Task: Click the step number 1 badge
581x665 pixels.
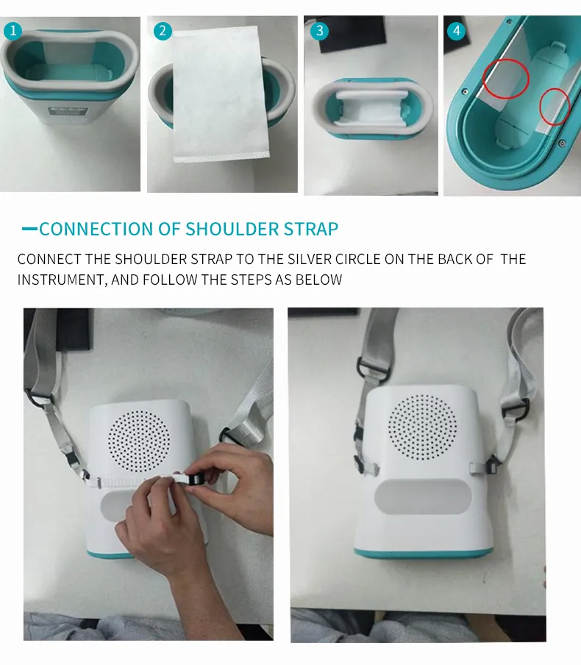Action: [x=13, y=31]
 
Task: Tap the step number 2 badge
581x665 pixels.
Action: [x=163, y=31]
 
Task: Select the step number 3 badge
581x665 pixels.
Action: [x=319, y=31]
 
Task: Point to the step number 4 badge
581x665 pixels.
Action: [x=456, y=31]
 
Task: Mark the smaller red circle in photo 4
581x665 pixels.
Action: [x=541, y=106]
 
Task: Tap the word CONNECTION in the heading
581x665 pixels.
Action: [x=96, y=229]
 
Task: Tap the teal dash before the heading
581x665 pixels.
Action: [x=29, y=229]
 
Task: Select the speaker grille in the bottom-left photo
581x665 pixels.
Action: [x=139, y=441]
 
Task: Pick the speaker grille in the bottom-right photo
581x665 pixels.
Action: [x=423, y=427]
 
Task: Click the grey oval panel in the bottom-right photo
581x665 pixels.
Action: [x=423, y=497]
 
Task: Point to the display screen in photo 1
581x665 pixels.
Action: [x=68, y=112]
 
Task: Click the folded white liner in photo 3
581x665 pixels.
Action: [x=372, y=109]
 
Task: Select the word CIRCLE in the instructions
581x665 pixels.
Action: [x=358, y=259]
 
